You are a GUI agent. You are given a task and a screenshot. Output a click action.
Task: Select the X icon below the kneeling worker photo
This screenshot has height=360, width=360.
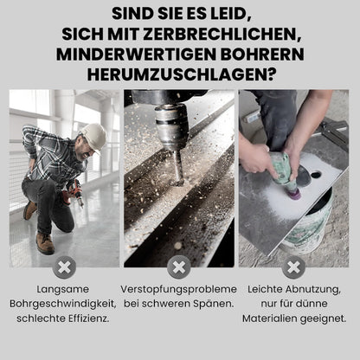[x=64, y=267]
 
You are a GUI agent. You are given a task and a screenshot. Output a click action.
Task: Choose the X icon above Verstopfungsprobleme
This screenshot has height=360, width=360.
[x=179, y=267]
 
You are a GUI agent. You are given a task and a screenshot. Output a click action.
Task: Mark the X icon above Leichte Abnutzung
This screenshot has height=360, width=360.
[x=293, y=267]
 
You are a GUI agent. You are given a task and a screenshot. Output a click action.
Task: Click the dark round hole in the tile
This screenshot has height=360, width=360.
[x=304, y=178]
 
